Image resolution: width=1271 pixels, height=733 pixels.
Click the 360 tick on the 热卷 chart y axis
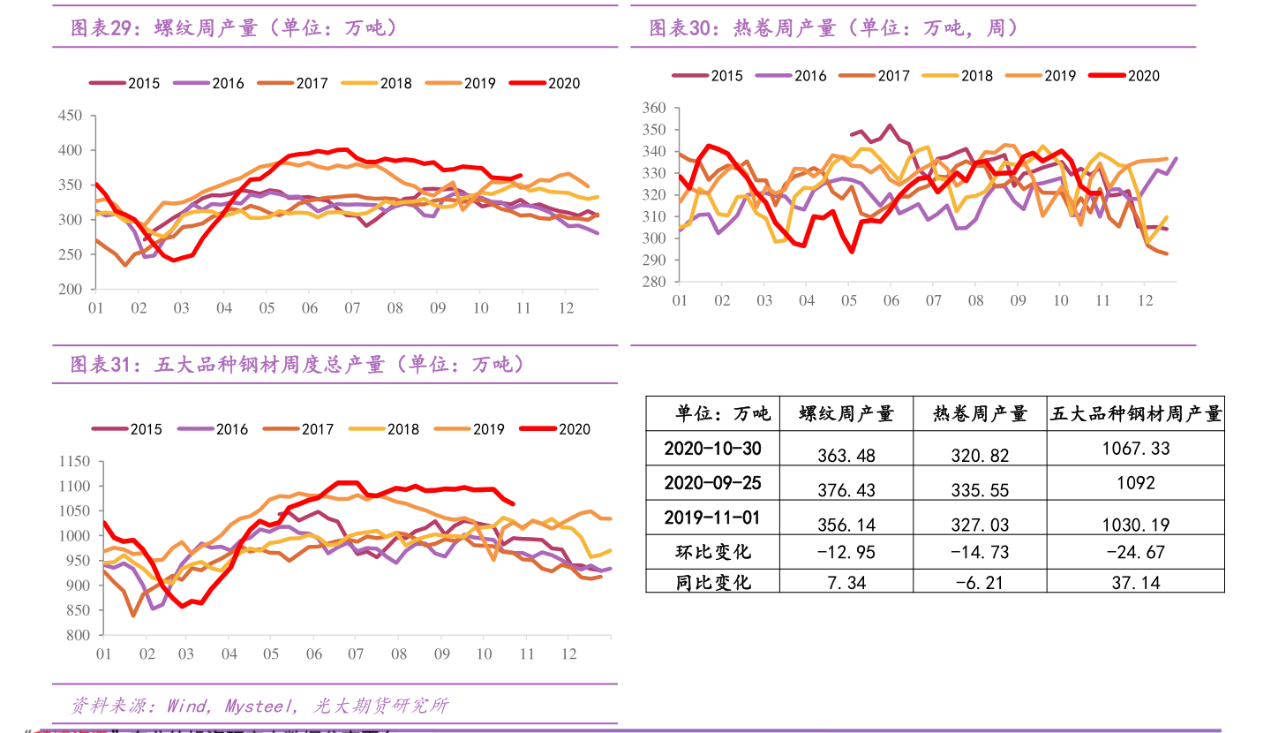coord(653,108)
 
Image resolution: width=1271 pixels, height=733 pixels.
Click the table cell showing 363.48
coord(846,456)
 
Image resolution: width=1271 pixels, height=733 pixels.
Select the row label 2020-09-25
coord(712,483)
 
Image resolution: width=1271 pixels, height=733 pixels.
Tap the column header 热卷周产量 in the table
coord(980,413)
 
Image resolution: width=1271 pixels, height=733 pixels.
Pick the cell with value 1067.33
coord(1136,449)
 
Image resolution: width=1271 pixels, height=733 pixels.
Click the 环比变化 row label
coord(712,552)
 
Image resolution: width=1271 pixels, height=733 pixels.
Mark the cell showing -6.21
coord(980,582)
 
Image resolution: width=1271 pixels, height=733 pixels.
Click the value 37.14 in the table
coord(1136,582)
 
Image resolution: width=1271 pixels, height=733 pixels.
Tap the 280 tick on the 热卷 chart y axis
coord(653,282)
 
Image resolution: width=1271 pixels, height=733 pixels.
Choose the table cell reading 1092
coord(1136,483)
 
